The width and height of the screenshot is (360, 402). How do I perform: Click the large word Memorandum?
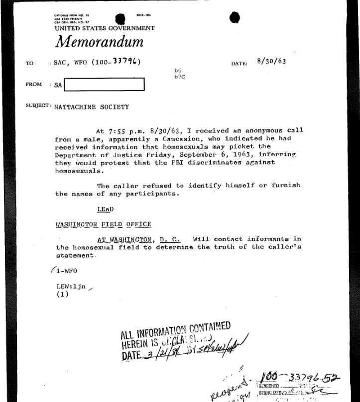pyautogui.click(x=100, y=42)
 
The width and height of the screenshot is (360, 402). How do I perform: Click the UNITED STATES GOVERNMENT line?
pyautogui.click(x=105, y=28)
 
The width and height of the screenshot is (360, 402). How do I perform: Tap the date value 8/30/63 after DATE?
pyautogui.click(x=271, y=62)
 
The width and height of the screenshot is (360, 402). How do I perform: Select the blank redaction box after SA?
pyautogui.click(x=104, y=85)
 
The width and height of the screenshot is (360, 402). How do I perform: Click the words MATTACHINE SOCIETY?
pyautogui.click(x=92, y=107)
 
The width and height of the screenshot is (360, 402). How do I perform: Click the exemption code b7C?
pyautogui.click(x=179, y=77)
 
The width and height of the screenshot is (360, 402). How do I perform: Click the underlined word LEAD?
pyautogui.click(x=105, y=209)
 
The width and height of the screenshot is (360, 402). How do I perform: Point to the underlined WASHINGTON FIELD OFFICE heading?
pyautogui.click(x=103, y=224)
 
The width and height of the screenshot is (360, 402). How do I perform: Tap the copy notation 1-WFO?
pyautogui.click(x=65, y=271)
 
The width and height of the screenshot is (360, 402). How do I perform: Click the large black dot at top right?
pyautogui.click(x=236, y=17)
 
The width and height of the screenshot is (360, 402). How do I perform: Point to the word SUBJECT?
pyautogui.click(x=37, y=106)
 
